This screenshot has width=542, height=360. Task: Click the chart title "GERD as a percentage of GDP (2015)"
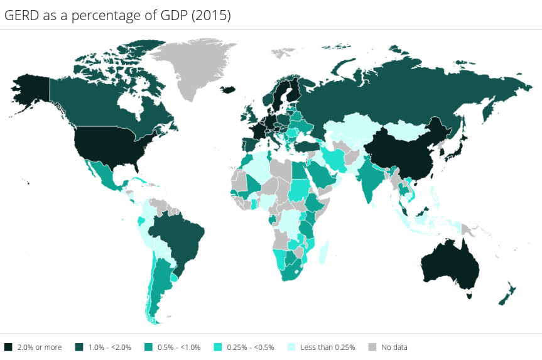(117, 16)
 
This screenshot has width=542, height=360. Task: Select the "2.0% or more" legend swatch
(8, 347)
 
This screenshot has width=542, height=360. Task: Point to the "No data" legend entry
(389, 347)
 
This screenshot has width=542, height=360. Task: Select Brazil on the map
(182, 236)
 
